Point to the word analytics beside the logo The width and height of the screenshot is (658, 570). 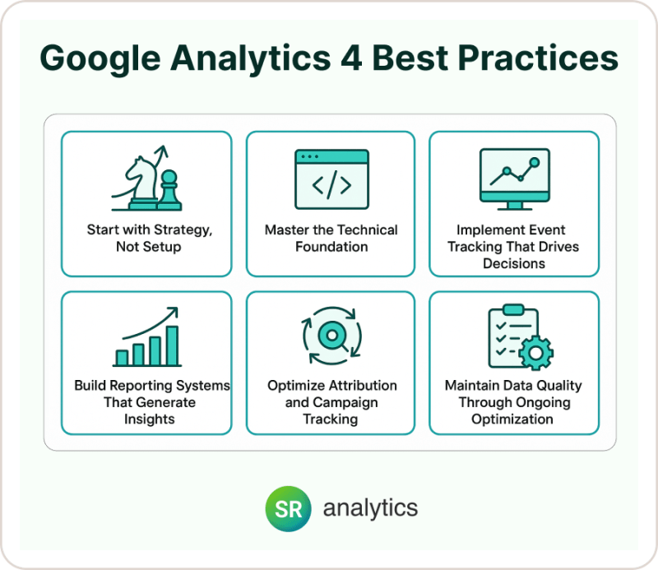click(x=370, y=508)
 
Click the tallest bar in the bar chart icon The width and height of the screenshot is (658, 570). click(x=172, y=345)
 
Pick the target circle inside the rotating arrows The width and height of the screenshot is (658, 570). click(x=330, y=336)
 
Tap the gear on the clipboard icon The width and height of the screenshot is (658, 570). click(x=535, y=352)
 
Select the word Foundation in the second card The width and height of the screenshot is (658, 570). click(x=330, y=246)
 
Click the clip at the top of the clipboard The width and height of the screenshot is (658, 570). click(x=513, y=310)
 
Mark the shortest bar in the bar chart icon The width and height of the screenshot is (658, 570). click(x=122, y=357)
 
